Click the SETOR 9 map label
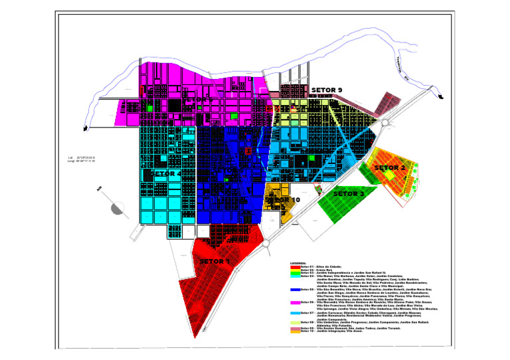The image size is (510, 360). (327, 90)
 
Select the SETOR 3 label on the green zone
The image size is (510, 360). (349, 194)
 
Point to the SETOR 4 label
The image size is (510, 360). (166, 173)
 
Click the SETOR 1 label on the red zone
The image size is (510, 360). (214, 262)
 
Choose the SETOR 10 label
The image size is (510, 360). (282, 199)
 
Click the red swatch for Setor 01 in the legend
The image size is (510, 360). (295, 266)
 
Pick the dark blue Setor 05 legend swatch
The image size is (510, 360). (295, 290)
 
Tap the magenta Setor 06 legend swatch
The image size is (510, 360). (295, 302)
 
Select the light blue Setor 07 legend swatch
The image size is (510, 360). (295, 313)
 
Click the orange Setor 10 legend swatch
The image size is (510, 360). (295, 331)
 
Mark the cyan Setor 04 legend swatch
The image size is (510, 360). (295, 275)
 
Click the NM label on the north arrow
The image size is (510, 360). (100, 189)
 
